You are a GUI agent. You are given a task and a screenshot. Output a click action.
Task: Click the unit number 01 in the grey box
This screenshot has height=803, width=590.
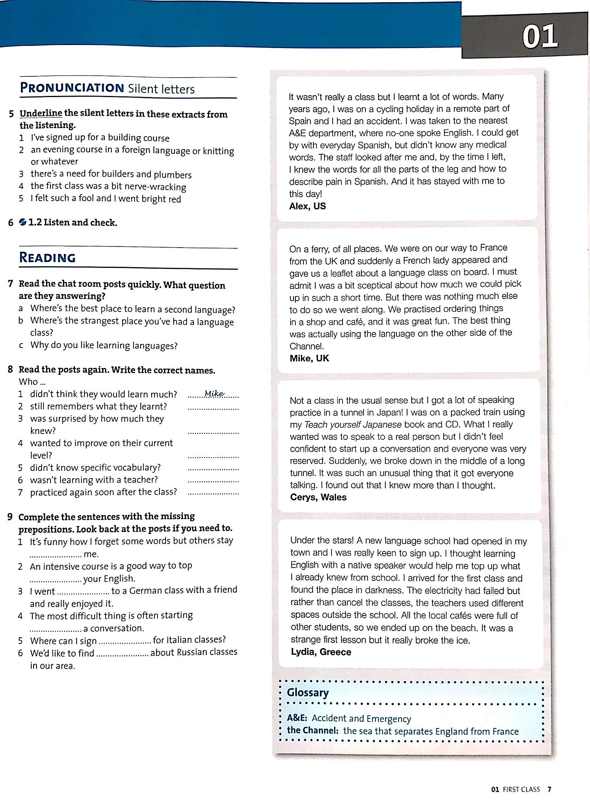[540, 37]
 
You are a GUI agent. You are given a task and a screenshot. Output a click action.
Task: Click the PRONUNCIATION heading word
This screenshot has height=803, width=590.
[72, 88]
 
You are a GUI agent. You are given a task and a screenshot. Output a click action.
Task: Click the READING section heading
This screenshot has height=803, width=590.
[47, 257]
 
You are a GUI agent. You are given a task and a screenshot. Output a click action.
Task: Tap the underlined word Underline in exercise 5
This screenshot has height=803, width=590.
[41, 113]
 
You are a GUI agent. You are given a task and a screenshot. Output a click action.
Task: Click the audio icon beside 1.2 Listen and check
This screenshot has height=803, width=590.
[23, 222]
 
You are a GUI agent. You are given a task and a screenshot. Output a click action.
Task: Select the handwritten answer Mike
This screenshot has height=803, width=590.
[214, 393]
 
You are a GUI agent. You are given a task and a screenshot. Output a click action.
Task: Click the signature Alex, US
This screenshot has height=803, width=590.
[308, 206]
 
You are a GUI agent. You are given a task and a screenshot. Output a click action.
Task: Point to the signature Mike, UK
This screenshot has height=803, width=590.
[309, 358]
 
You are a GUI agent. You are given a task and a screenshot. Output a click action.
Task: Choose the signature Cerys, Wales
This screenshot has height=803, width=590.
[318, 497]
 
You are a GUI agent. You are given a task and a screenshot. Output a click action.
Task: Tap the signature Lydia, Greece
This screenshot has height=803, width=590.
[321, 652]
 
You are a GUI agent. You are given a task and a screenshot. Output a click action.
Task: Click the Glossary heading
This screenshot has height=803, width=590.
[308, 692]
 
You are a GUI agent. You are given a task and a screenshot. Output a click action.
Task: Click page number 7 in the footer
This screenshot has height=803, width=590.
[549, 789]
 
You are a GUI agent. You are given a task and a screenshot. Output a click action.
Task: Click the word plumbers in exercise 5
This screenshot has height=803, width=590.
[173, 175]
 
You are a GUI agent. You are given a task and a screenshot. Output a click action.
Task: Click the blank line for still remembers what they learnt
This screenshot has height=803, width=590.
[213, 408]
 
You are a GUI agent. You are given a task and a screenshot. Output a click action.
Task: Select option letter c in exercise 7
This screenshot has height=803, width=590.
[21, 345]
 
